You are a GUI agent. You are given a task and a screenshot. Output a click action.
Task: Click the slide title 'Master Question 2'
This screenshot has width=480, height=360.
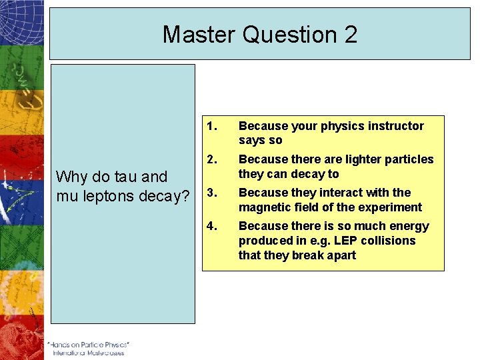point(260,34)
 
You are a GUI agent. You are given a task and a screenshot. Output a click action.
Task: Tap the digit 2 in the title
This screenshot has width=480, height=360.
point(350,34)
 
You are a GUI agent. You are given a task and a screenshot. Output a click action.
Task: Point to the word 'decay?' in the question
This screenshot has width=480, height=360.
point(164,196)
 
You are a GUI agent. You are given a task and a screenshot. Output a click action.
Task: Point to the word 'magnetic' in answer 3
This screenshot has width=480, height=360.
point(262,207)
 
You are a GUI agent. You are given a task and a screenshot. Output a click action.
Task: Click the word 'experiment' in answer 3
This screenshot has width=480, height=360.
point(392,207)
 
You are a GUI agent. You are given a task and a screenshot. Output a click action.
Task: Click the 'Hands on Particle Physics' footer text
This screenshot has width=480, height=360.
point(88,345)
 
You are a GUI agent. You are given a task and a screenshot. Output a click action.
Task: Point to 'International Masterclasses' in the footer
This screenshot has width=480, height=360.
point(89,353)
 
